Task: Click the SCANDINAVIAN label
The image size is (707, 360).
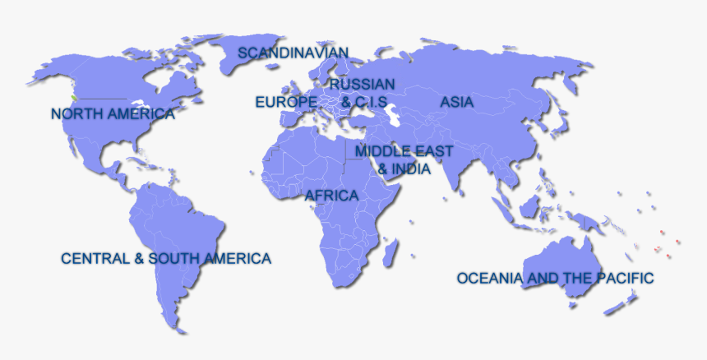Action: (293, 53)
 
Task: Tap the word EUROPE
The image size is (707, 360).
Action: (285, 102)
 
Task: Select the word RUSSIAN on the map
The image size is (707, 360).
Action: (362, 84)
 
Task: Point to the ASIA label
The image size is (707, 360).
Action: (456, 102)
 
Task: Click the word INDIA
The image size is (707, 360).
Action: (411, 168)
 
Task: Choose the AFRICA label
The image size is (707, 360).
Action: (331, 196)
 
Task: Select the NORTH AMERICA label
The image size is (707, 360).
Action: (113, 113)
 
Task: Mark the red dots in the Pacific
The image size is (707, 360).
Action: (666, 245)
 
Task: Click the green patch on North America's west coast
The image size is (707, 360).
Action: (75, 98)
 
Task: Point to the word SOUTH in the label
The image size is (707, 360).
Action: (173, 258)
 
